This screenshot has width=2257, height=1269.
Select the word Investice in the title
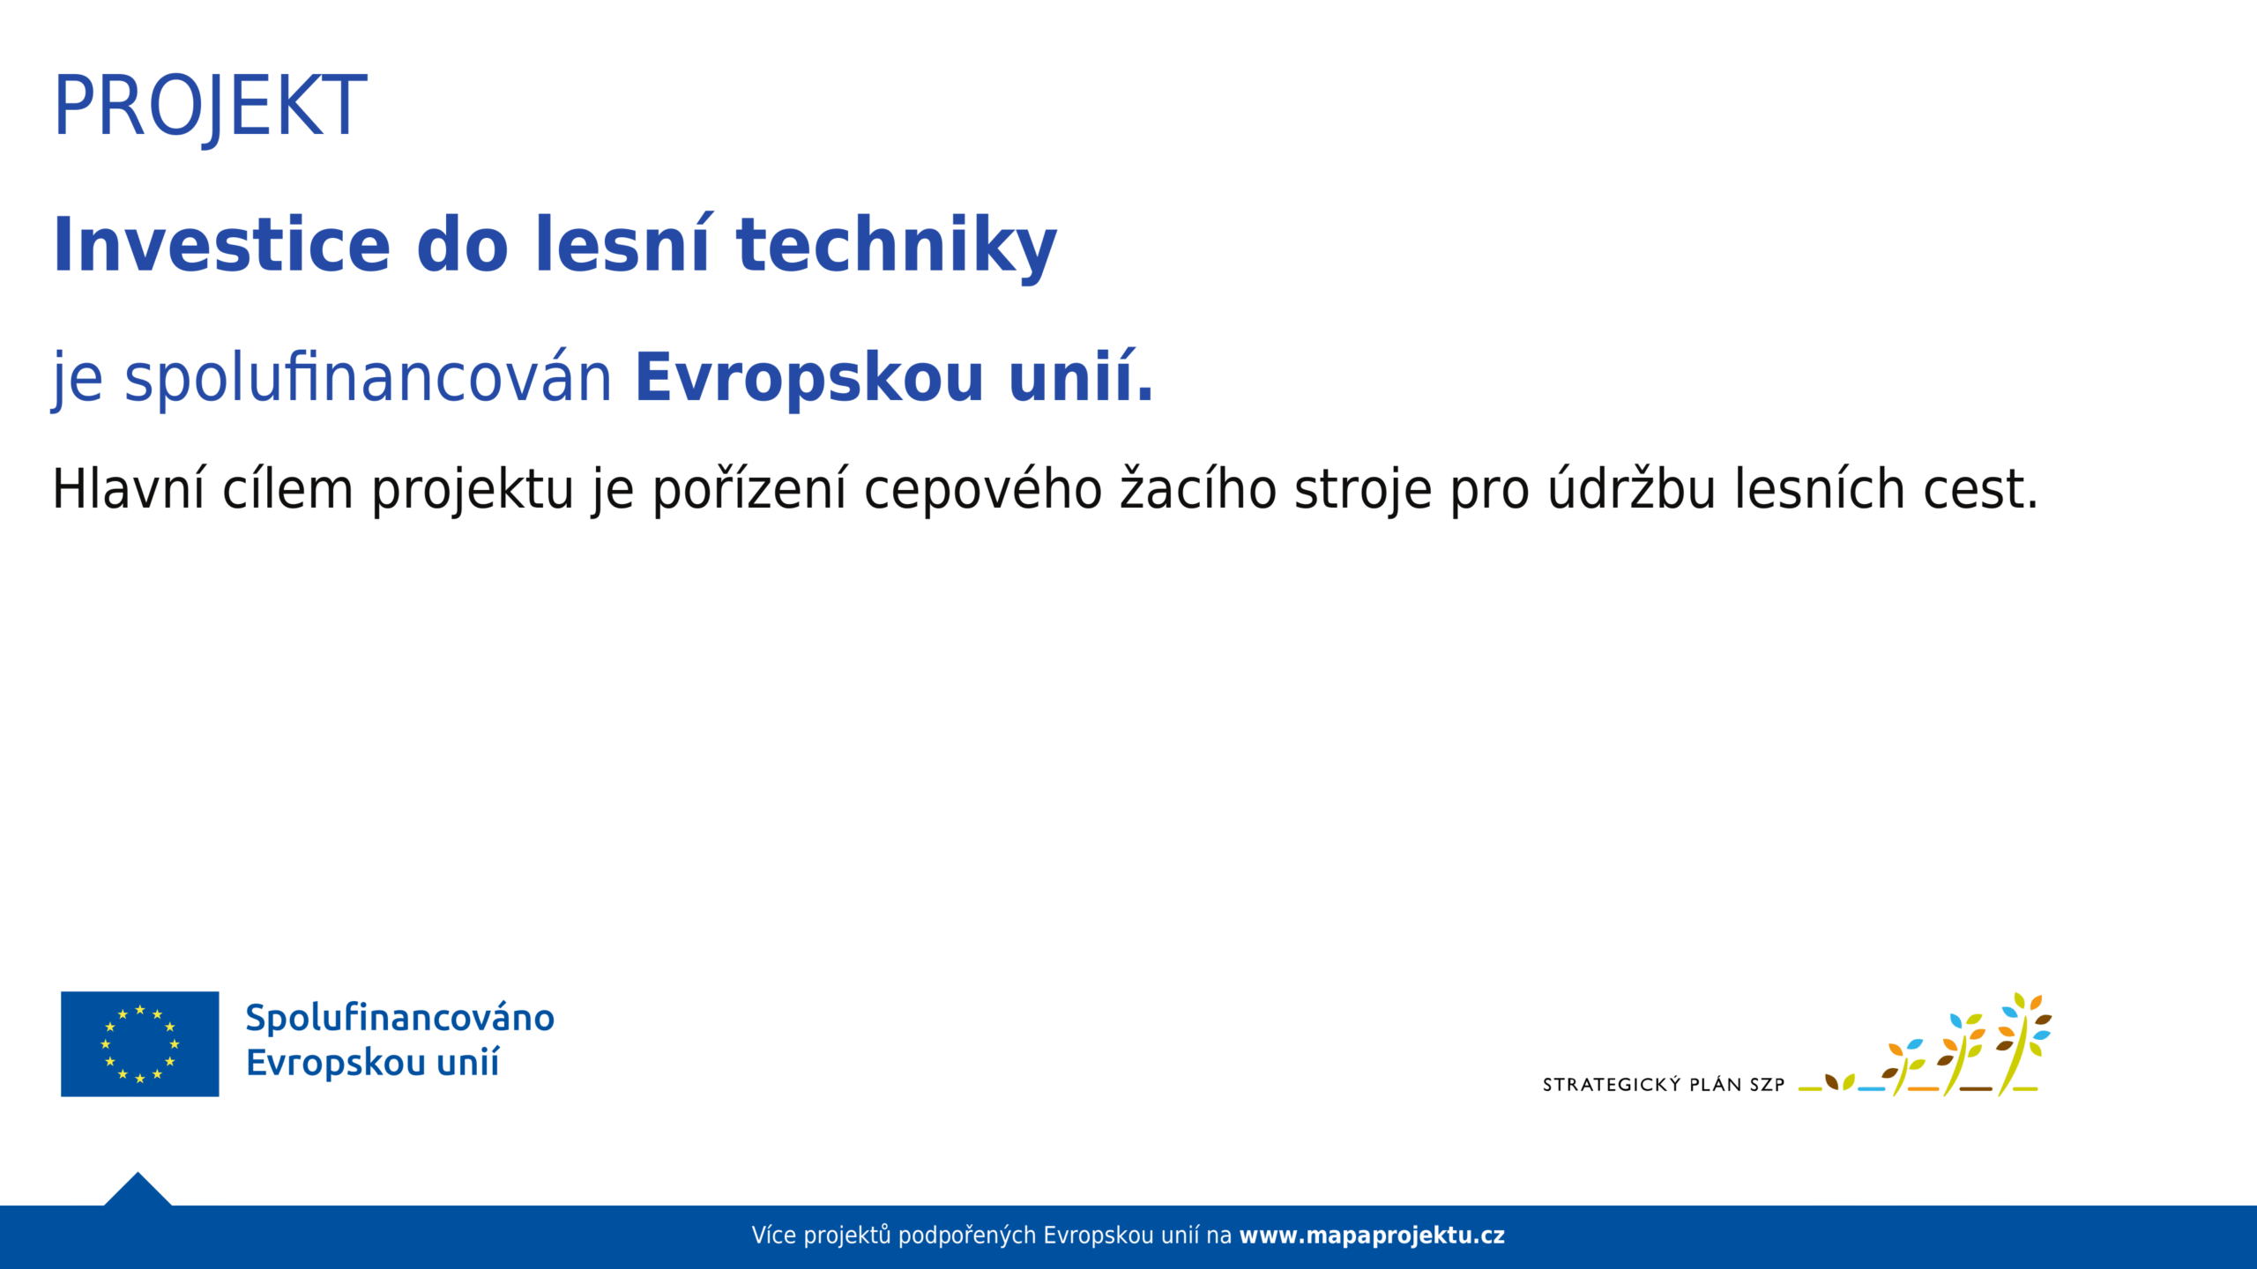[x=221, y=245]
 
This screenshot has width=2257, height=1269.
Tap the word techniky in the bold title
[x=896, y=247]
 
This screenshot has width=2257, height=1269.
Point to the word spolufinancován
[x=368, y=377]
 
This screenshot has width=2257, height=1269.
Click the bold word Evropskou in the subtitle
[x=809, y=380]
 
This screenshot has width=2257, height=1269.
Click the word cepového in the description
[x=983, y=490]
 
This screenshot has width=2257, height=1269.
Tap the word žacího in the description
[x=1198, y=488]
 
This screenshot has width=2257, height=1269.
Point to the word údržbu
[x=1632, y=488]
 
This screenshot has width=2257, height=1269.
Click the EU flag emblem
[x=139, y=1044]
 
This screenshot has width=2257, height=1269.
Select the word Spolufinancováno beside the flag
[x=400, y=1019]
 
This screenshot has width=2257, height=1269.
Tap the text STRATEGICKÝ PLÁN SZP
[x=1664, y=1085]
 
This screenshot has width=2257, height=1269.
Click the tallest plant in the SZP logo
[x=2023, y=1044]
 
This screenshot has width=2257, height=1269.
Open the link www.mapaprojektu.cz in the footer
[x=1372, y=1236]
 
